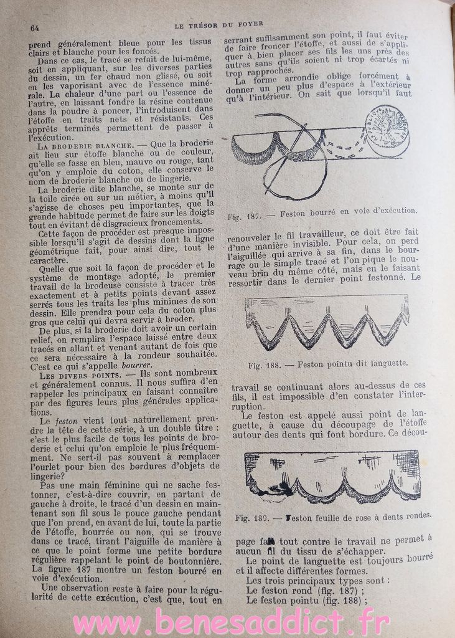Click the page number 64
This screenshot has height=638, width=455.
(x=35, y=27)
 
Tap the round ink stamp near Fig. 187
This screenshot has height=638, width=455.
(x=387, y=130)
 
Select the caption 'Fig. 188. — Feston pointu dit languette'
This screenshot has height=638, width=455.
(x=328, y=363)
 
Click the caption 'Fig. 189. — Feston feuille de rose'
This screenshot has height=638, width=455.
(x=334, y=517)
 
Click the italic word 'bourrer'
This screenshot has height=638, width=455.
(x=136, y=364)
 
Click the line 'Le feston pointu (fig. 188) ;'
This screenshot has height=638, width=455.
(x=306, y=600)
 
